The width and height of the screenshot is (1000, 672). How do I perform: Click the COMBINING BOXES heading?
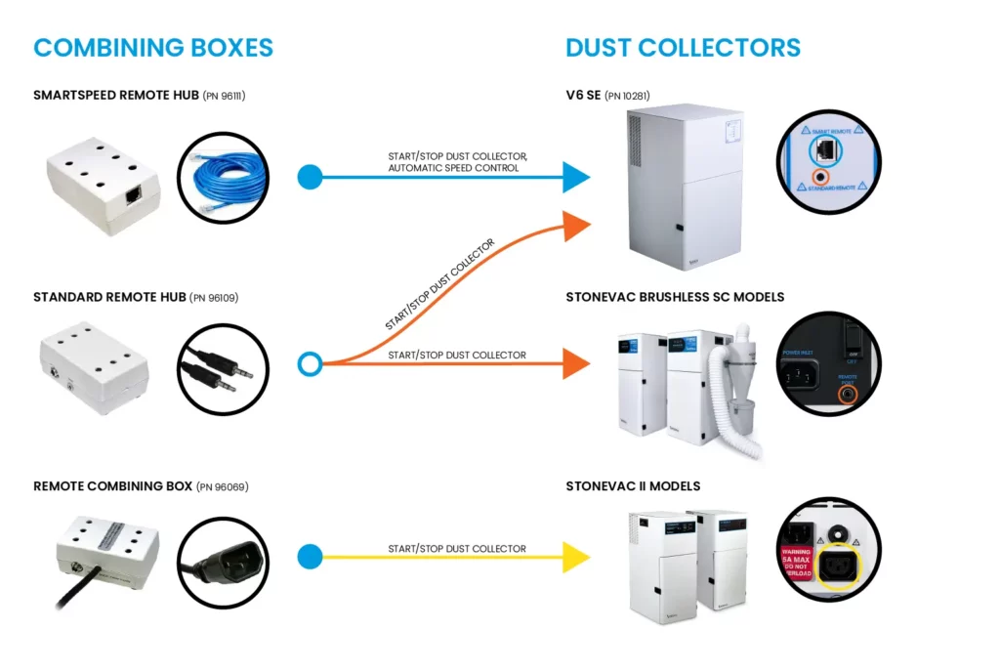point(153,47)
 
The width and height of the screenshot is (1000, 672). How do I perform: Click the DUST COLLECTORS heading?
point(683,47)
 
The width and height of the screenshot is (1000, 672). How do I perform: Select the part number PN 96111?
point(224,96)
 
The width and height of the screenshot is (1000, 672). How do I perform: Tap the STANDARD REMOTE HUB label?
point(108,297)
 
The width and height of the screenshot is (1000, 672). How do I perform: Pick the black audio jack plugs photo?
point(223,369)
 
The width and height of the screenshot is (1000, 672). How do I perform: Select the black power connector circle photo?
point(223,561)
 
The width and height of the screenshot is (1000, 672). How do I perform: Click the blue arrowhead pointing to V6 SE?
point(576,177)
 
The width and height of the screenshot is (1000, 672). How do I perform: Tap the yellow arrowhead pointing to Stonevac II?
point(576,558)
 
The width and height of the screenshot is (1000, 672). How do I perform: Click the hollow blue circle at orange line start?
point(310,364)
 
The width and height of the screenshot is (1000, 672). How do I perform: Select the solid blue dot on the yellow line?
point(310,558)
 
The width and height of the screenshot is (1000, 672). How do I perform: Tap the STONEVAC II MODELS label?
point(633,486)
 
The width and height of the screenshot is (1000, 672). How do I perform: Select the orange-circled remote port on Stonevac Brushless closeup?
point(849,393)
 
